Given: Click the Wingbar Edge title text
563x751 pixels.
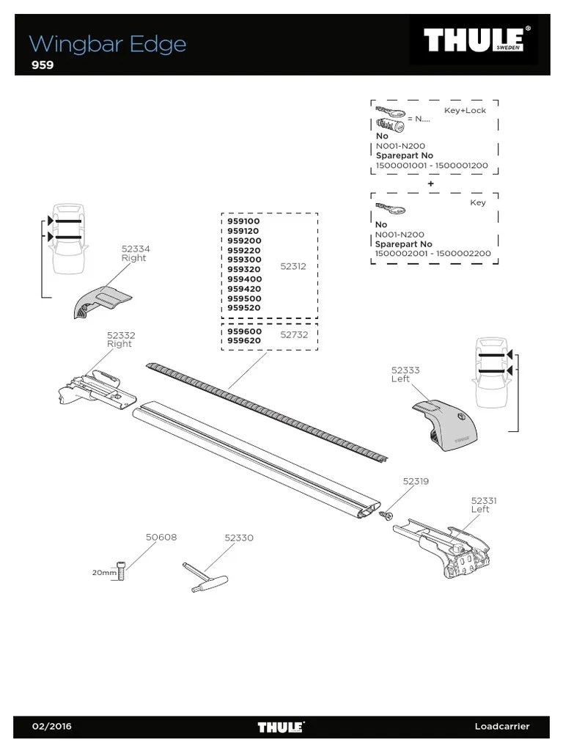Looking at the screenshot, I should pos(108,44).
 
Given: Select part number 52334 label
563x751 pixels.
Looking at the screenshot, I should pos(133,249).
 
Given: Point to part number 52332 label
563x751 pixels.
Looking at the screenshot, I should pos(121,335).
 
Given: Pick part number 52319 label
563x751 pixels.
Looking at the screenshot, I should pos(416,481).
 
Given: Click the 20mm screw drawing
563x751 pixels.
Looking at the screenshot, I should pos(122,571).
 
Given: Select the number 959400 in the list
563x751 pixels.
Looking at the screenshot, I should pos(244,279).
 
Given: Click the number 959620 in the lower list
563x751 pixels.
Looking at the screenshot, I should pos(244,340).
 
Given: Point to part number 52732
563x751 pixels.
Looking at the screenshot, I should pos(294,334).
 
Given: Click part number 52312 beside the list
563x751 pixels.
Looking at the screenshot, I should pos(293,267).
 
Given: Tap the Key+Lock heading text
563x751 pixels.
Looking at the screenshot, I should pos(465,110).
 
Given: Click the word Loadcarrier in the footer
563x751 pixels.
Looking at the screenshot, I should pos(501,727).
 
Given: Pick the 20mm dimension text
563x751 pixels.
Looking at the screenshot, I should pos(103,572).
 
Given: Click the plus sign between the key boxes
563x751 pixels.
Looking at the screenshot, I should pos(431,183).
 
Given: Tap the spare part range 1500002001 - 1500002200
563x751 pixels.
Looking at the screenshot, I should pos(433,254).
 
